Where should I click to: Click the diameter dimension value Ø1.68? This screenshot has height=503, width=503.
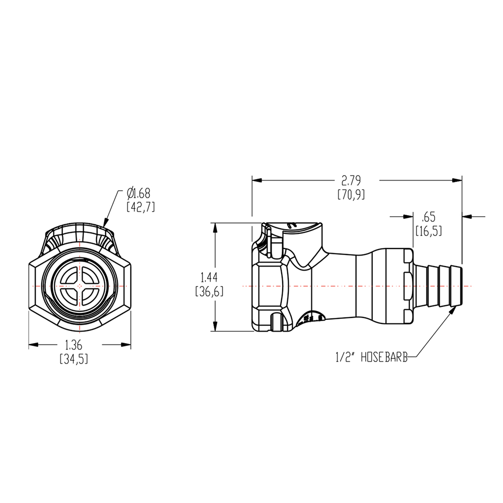pyautogui.click(x=138, y=192)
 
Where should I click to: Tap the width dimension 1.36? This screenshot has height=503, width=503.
pyautogui.click(x=73, y=345)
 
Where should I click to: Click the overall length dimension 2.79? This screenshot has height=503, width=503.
pyautogui.click(x=351, y=180)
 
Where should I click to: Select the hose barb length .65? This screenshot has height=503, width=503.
pyautogui.click(x=429, y=217)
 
